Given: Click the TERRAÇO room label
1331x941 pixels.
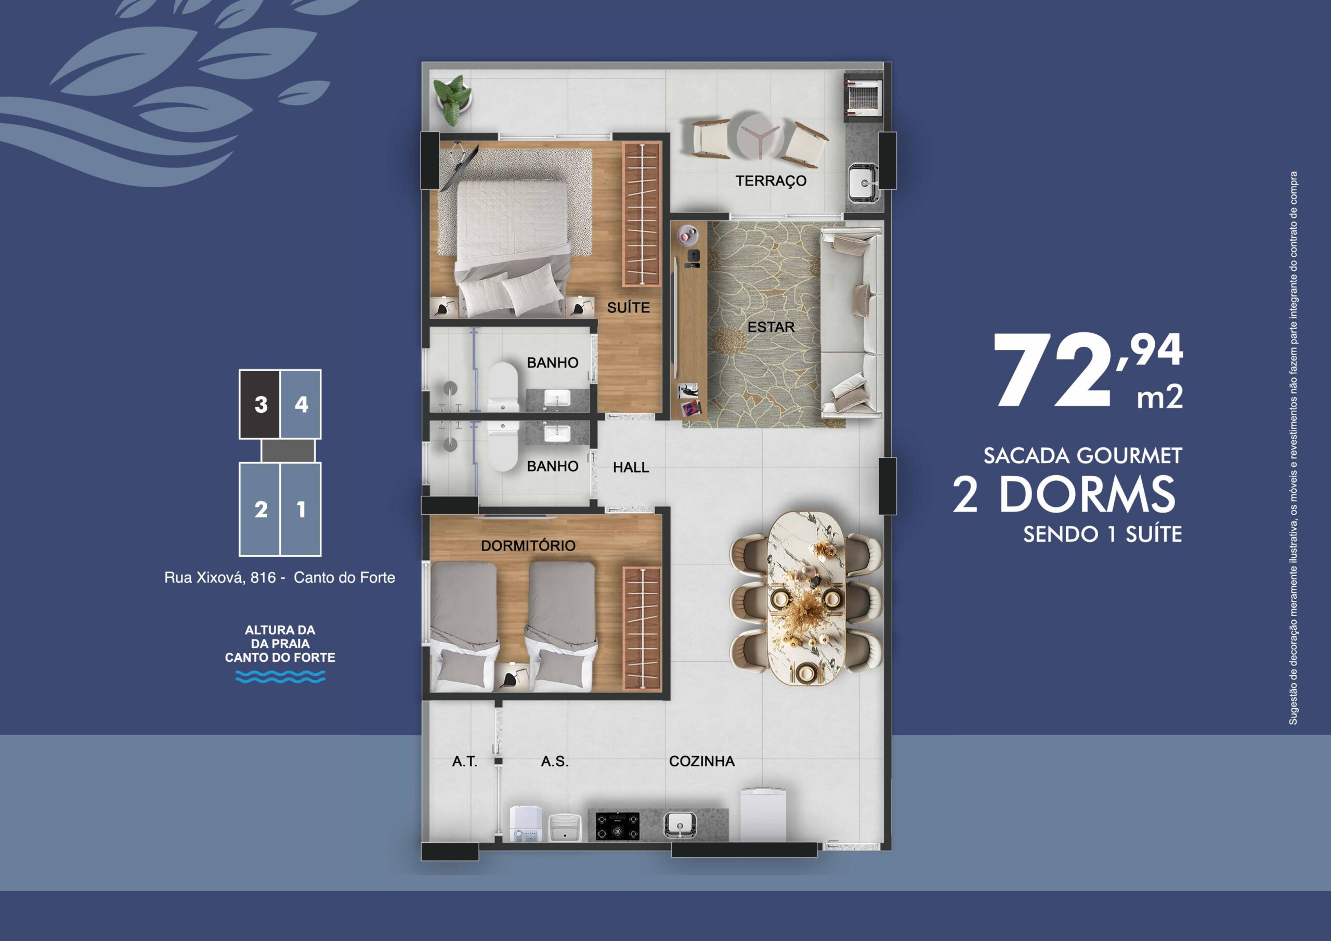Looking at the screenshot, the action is coord(771,181).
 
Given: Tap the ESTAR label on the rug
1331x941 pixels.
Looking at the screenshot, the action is coord(771,327).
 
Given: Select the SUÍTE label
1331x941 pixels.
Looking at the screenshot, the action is coord(629,308).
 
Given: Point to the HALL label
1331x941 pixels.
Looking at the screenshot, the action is coord(631,467).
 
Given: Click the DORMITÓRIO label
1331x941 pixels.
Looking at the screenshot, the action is coord(528,545).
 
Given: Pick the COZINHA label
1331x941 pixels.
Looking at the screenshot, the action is coord(702,761).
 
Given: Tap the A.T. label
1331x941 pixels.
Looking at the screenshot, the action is coord(465,761).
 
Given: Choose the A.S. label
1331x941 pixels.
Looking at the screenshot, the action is coord(555,761).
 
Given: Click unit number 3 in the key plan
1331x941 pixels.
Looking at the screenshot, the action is coord(261,404).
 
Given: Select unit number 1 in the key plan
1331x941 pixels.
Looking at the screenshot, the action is coord(301,509).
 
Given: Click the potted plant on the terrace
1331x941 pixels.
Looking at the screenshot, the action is coord(453,99).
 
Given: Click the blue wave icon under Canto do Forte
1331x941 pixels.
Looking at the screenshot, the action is coord(281,676).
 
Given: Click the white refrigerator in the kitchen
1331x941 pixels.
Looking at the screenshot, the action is coord(762,815).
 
